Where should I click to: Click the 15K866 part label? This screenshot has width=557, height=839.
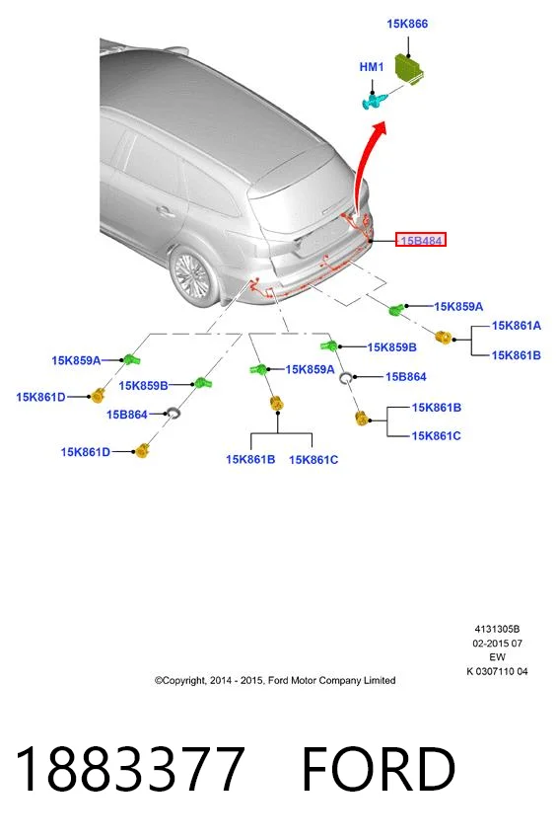coord(407,24)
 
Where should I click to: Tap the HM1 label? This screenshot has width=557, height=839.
coord(372,67)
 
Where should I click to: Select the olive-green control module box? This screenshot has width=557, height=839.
coord(410,68)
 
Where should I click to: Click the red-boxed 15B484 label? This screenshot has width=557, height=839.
coord(421,240)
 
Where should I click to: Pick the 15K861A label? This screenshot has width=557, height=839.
coord(517,326)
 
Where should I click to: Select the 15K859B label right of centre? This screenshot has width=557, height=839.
coord(391,347)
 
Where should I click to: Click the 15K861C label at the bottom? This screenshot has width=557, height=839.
coord(313,460)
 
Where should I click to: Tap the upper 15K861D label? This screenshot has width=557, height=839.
coord(40,397)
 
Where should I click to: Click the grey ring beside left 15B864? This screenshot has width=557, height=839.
coord(173,413)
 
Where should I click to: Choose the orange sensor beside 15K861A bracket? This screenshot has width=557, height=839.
coord(444,338)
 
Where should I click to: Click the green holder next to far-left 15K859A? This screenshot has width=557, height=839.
coord(131,359)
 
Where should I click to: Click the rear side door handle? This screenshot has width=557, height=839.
coord(166,212)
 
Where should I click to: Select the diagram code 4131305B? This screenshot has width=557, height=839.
coord(497,630)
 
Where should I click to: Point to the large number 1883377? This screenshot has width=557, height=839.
coord(130,768)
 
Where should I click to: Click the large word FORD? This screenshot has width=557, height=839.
coord(379,769)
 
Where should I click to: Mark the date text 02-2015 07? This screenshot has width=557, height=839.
coord(497,644)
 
